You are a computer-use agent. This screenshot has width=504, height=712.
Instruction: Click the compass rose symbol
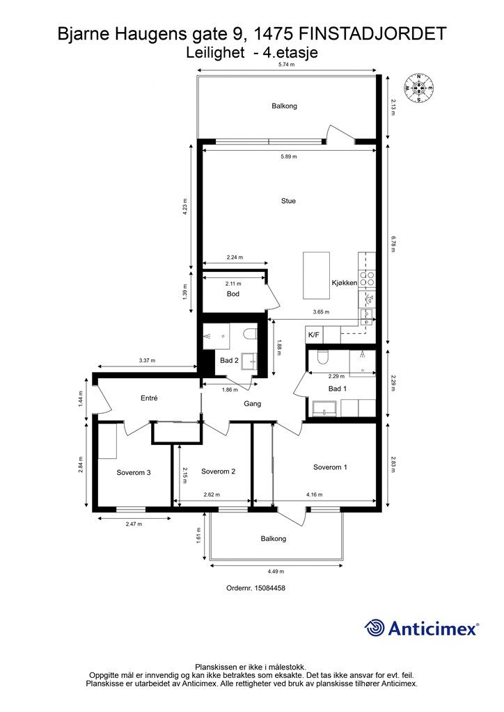pos(418,88)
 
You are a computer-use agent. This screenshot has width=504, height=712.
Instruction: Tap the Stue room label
pos(288,201)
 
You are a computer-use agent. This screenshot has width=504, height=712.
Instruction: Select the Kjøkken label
pos(344,282)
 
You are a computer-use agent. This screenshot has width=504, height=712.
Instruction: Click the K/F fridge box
pos(314,335)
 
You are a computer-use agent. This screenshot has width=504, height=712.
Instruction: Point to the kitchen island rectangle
pos(316,275)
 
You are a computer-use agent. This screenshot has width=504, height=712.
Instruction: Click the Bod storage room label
pos(233,294)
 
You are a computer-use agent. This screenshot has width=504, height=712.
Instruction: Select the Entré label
pos(149,398)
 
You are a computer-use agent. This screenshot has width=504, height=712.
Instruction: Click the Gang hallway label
pos(252,403)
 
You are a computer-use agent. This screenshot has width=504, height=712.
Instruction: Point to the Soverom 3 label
pos(134,472)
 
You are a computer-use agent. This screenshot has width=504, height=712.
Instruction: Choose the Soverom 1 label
pos(330,467)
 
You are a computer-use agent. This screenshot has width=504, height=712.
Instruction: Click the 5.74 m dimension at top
pos(286,65)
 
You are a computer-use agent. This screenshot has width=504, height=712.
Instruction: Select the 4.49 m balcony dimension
pos(276,572)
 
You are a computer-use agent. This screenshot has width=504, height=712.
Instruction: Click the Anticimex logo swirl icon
pos(375,628)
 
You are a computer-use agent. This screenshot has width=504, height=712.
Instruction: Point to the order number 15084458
pos(270,588)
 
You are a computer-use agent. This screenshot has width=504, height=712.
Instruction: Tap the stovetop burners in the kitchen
pos(367,278)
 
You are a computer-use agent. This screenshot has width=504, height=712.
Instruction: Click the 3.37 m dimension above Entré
pos(147,361)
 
